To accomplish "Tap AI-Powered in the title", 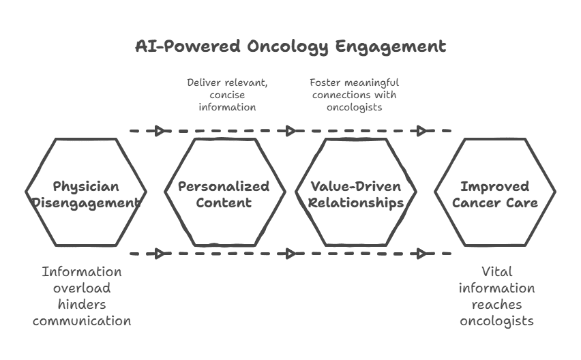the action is tap(188, 46).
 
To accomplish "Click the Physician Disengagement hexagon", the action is tap(86, 192).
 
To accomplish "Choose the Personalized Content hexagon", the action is tap(225, 192).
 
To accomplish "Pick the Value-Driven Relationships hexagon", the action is tap(356, 192).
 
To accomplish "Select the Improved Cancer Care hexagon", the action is tap(495, 192).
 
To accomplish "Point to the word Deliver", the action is tap(203, 82).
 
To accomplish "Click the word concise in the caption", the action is tap(227, 95).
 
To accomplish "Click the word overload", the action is tap(82, 288).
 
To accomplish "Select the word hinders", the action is tap(82, 304).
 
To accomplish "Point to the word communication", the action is tap(82, 320).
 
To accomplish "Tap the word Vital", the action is tap(497, 271).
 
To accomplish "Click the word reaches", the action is tap(497, 304).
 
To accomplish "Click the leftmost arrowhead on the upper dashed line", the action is tap(160, 131).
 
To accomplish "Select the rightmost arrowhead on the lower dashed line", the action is tap(421, 254).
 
